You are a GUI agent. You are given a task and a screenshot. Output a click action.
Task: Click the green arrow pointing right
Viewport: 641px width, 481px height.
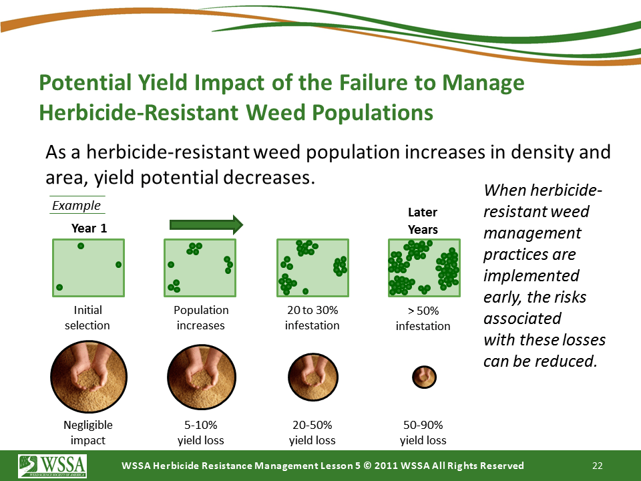pyautogui.click(x=206, y=224)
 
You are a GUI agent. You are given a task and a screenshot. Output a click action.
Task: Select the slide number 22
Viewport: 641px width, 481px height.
pyautogui.click(x=598, y=466)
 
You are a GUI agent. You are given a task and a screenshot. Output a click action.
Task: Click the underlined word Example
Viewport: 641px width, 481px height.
pyautogui.click(x=76, y=206)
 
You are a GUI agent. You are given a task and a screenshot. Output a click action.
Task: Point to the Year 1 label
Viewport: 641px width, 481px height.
pyautogui.click(x=89, y=228)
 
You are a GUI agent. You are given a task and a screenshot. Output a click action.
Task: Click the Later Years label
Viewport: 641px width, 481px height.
pyautogui.click(x=423, y=221)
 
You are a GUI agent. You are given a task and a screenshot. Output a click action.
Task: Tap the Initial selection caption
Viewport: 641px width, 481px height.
pyautogui.click(x=87, y=318)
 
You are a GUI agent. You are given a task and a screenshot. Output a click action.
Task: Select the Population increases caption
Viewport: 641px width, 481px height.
pyautogui.click(x=201, y=318)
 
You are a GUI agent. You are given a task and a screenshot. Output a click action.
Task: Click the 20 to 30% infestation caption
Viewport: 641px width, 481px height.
pyautogui.click(x=312, y=318)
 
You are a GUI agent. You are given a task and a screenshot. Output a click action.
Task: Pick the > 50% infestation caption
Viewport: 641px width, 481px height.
pyautogui.click(x=423, y=319)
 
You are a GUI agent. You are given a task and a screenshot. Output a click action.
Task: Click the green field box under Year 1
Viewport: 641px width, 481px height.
pyautogui.click(x=88, y=268)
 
